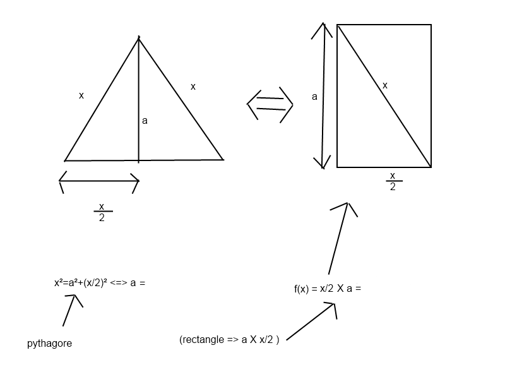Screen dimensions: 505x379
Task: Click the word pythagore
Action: pyautogui.click(x=49, y=344)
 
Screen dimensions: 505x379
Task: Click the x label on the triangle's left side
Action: pyautogui.click(x=81, y=95)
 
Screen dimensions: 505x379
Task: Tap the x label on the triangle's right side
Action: pyautogui.click(x=193, y=87)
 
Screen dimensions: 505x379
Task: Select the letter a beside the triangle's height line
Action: pyautogui.click(x=145, y=121)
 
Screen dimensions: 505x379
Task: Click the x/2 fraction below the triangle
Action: pyautogui.click(x=102, y=212)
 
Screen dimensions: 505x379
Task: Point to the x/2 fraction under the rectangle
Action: pyautogui.click(x=393, y=181)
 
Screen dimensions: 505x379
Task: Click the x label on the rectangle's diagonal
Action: pyautogui.click(x=385, y=85)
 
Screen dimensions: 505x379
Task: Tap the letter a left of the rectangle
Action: pyautogui.click(x=314, y=97)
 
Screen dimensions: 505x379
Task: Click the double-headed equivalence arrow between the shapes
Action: pyautogui.click(x=270, y=104)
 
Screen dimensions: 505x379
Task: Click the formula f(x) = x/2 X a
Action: pyautogui.click(x=328, y=289)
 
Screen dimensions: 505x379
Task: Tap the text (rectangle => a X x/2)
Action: pyautogui.click(x=229, y=339)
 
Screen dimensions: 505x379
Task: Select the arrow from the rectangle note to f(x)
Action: pyautogui.click(x=311, y=322)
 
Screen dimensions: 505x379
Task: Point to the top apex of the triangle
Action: pyautogui.click(x=139, y=37)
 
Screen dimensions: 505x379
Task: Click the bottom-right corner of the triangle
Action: pyautogui.click(x=223, y=159)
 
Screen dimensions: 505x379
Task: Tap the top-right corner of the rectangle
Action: pyautogui.click(x=431, y=25)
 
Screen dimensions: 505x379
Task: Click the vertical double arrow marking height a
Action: pyautogui.click(x=323, y=96)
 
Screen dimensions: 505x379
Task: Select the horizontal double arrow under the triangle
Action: pyautogui.click(x=99, y=181)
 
